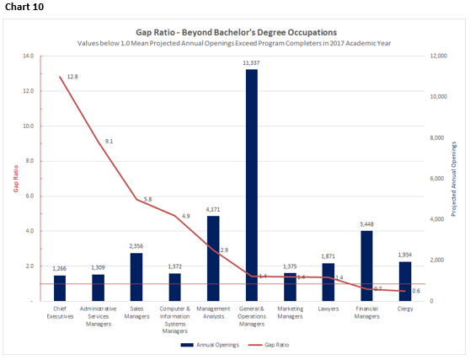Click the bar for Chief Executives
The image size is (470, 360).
tap(60, 287)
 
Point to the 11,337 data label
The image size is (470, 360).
tap(251, 62)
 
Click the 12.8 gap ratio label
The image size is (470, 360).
tap(72, 77)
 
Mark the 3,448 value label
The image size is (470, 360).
tap(366, 224)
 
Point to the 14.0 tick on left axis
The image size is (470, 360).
tap(28, 56)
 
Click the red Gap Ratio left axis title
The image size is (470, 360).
tap(14, 178)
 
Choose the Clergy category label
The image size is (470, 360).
tap(404, 309)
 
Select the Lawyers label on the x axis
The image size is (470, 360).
tap(328, 309)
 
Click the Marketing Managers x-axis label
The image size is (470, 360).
tap(290, 313)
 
